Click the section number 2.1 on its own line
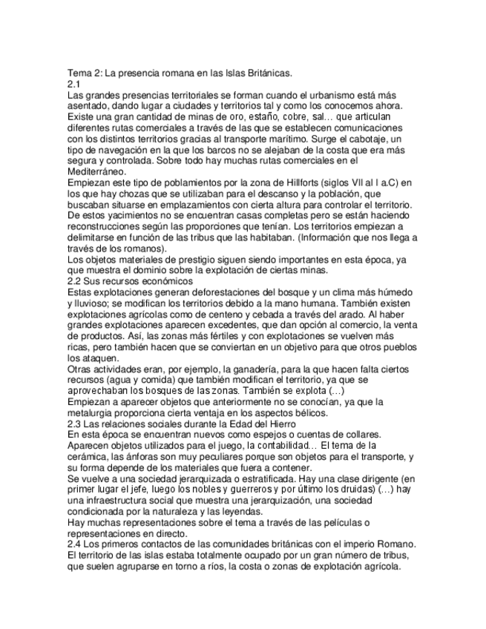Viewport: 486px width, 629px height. coord(74,84)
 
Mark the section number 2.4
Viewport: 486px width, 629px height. coord(74,544)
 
